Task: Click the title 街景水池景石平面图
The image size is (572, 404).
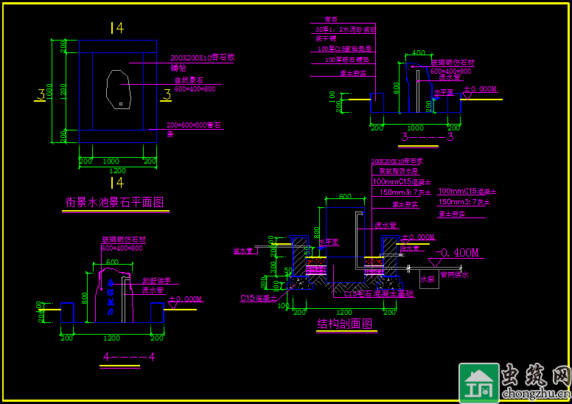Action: pyautogui.click(x=115, y=202)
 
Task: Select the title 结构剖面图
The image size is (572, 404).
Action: pyautogui.click(x=344, y=323)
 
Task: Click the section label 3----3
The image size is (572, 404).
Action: pyautogui.click(x=428, y=137)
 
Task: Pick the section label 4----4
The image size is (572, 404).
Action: pyautogui.click(x=128, y=357)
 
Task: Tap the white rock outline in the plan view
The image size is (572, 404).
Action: pyautogui.click(x=118, y=89)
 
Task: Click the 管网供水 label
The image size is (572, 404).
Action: pyautogui.click(x=454, y=274)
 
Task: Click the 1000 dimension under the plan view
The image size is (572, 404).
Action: pyautogui.click(x=111, y=161)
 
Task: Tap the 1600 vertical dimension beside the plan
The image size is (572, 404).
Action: pyautogui.click(x=49, y=93)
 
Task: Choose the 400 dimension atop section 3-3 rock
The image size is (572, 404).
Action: pyautogui.click(x=419, y=53)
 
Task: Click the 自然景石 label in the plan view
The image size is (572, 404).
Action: pyautogui.click(x=189, y=80)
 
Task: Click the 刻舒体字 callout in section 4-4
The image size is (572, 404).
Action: pyautogui.click(x=156, y=281)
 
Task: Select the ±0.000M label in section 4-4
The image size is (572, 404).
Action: pyautogui.click(x=186, y=299)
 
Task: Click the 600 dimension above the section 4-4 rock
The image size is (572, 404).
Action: pyautogui.click(x=112, y=262)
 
